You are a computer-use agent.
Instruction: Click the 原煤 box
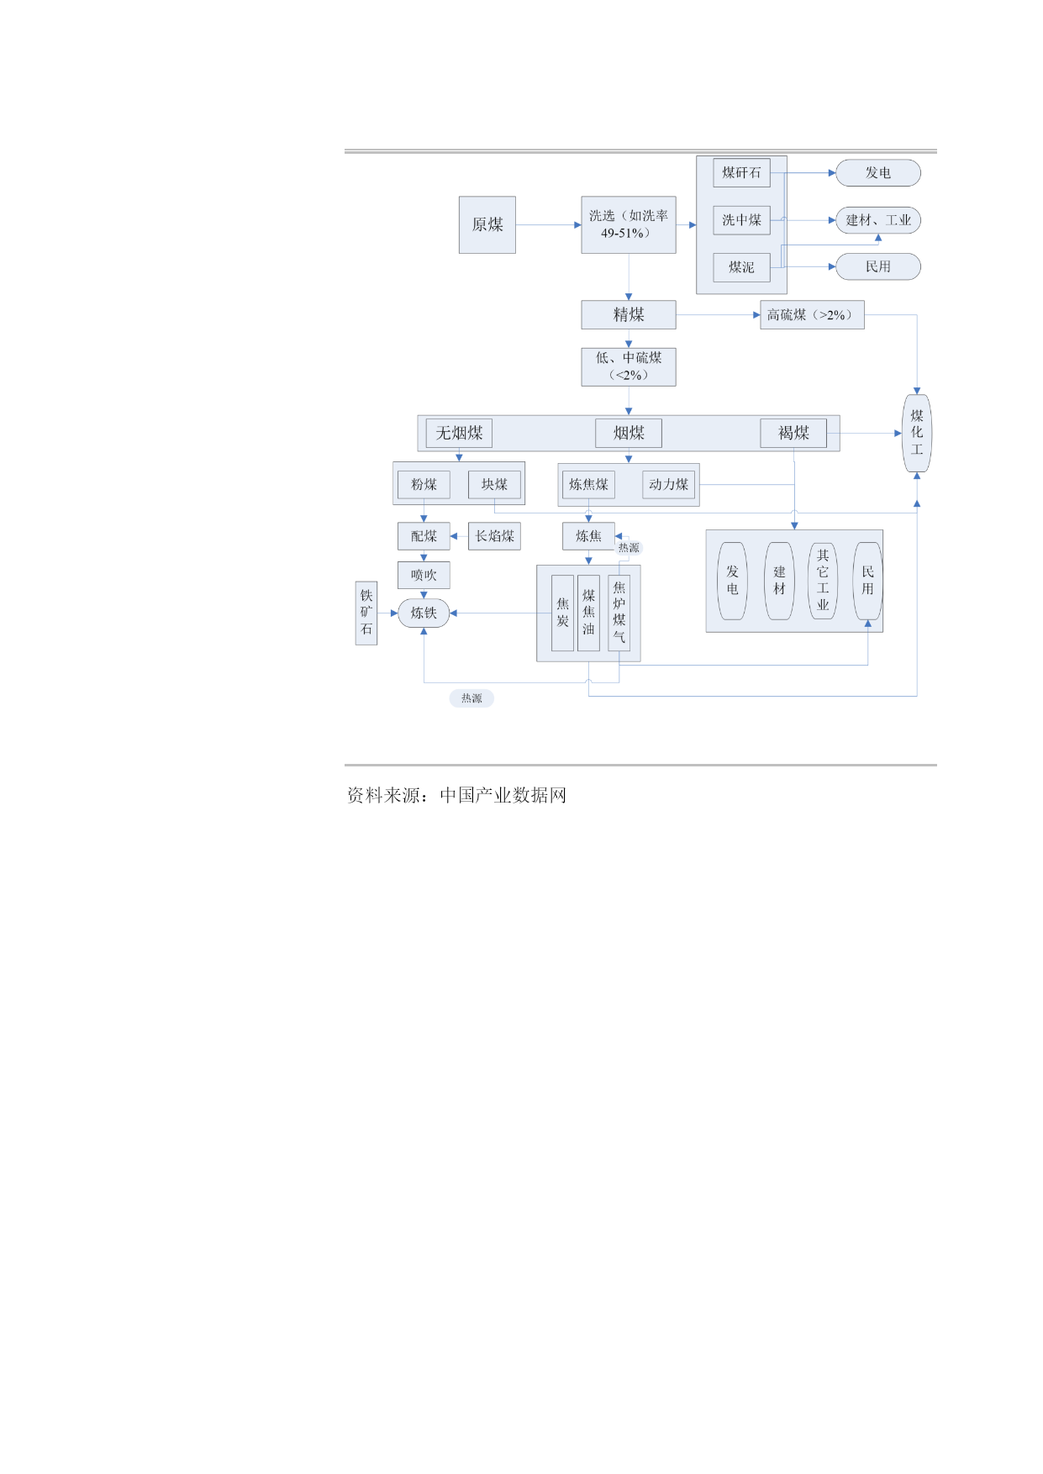click(x=487, y=224)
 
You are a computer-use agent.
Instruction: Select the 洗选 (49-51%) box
click(x=629, y=224)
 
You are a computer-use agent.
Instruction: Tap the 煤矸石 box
click(x=741, y=172)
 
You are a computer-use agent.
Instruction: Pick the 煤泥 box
click(x=741, y=267)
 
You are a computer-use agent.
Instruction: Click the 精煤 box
click(x=629, y=314)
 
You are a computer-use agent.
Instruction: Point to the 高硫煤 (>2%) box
click(x=812, y=314)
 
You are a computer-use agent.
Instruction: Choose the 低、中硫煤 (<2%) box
click(x=629, y=367)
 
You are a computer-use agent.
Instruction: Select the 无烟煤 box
click(x=459, y=433)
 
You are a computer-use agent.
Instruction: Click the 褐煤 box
click(x=793, y=433)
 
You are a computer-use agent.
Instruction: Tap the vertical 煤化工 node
click(x=917, y=433)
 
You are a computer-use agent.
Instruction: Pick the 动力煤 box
click(x=668, y=484)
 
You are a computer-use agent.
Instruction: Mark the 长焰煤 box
click(x=494, y=536)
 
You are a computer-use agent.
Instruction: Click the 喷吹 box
click(x=424, y=575)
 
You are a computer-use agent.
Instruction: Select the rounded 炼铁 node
click(x=424, y=613)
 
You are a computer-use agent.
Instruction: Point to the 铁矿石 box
click(x=366, y=613)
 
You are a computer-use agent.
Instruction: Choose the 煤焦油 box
click(x=588, y=613)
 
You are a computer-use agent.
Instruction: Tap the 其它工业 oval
click(x=823, y=581)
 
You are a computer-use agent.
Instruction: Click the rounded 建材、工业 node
click(x=878, y=220)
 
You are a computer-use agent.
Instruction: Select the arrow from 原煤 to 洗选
click(x=548, y=224)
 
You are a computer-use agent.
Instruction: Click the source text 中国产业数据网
click(x=503, y=795)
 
